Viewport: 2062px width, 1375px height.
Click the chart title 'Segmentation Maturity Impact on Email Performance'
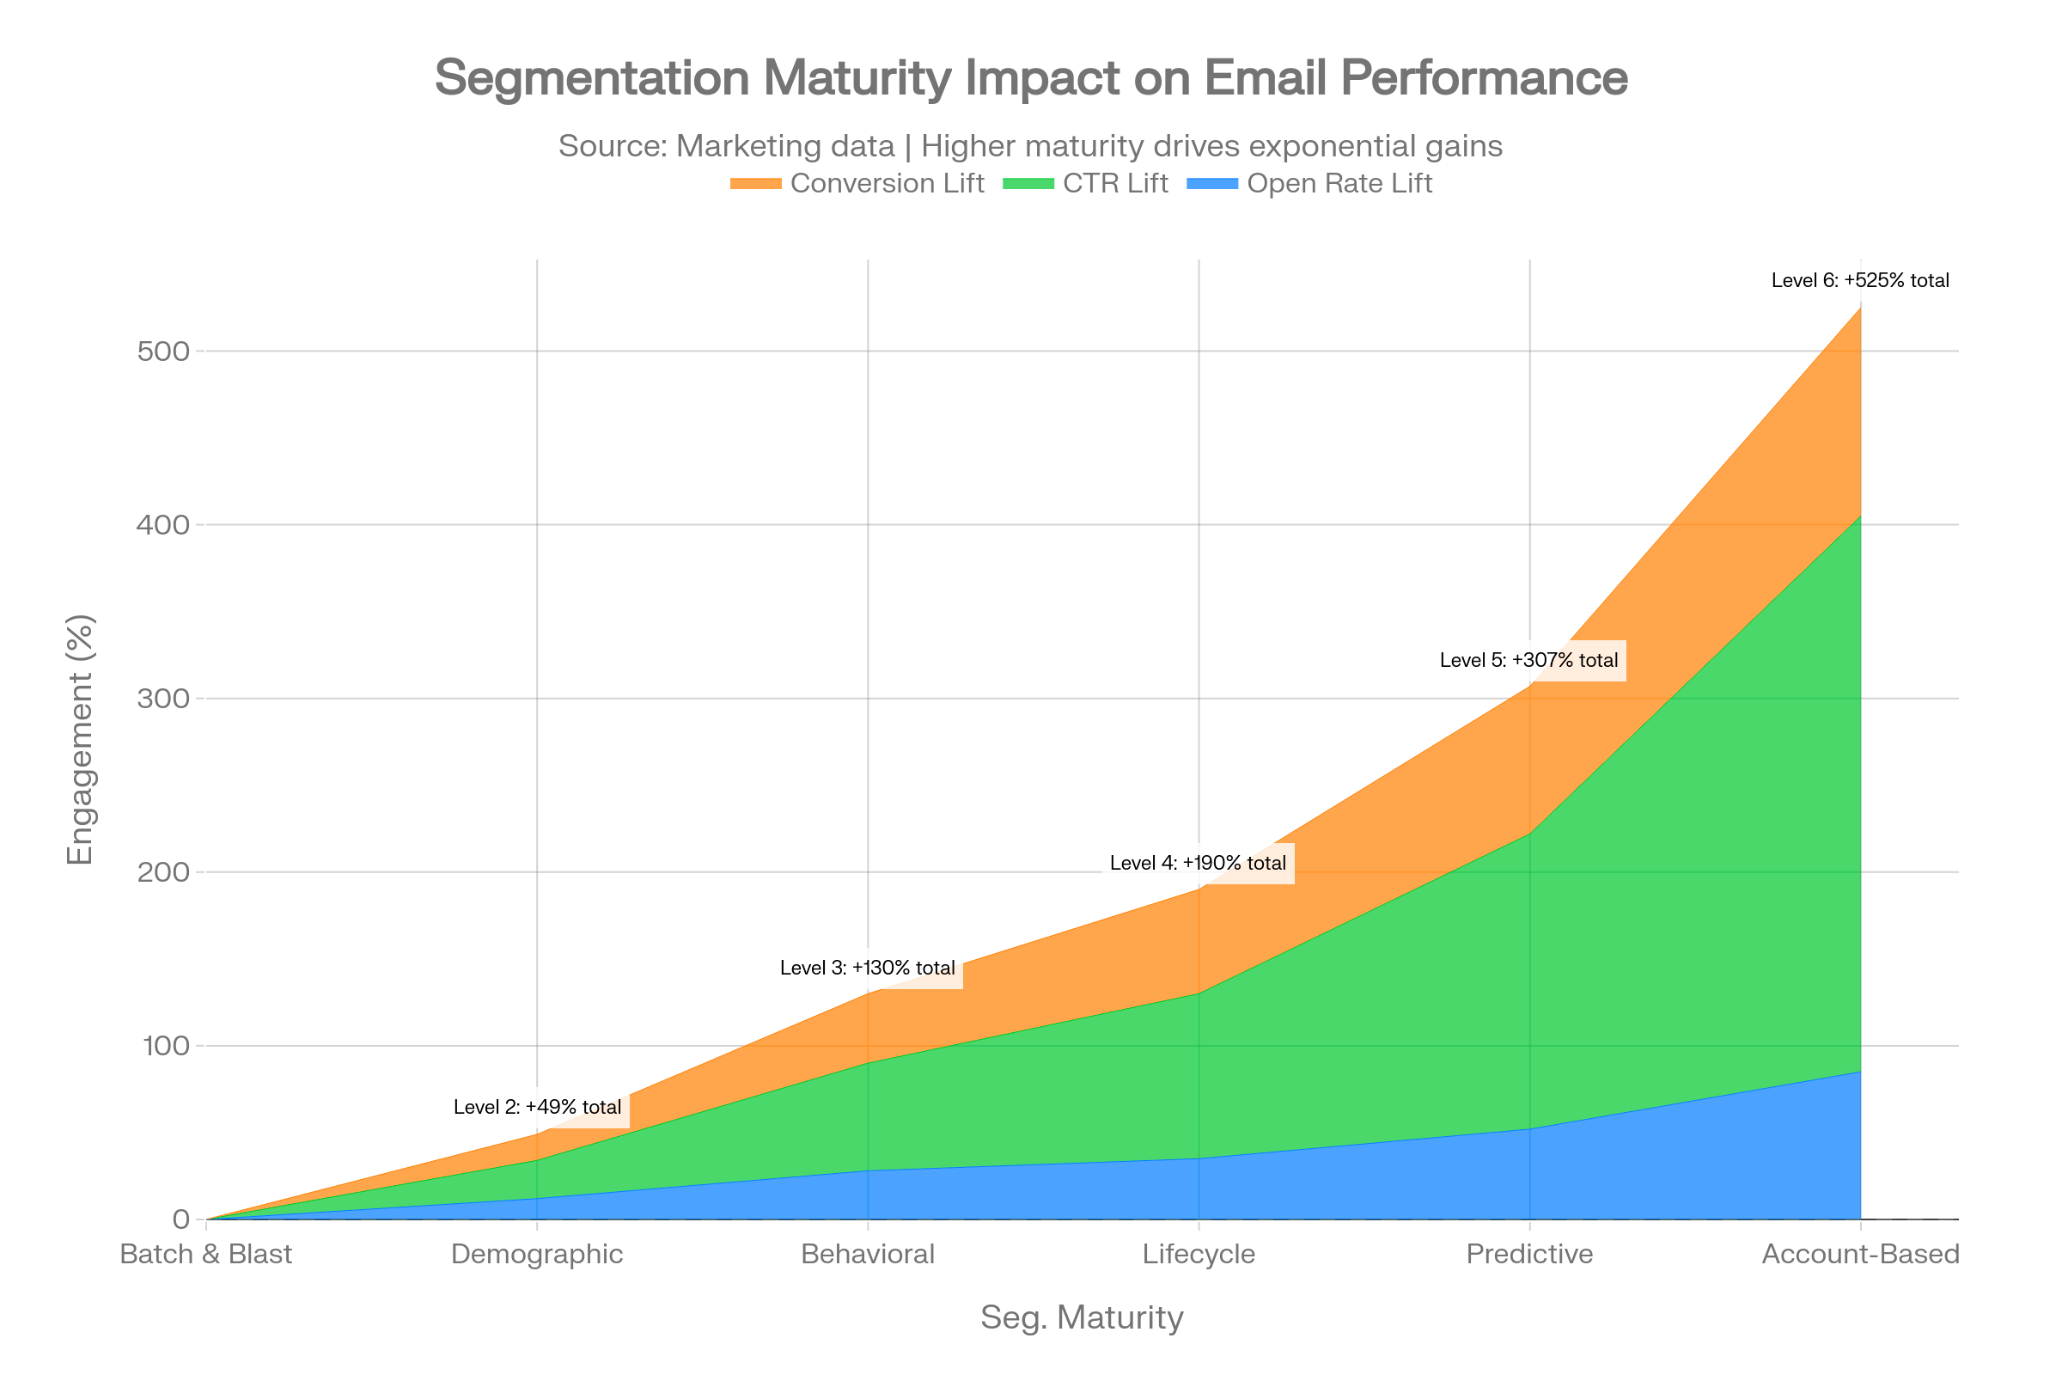point(1031,78)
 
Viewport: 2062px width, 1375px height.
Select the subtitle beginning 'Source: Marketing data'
point(1030,145)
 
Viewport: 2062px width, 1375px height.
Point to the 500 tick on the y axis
point(164,351)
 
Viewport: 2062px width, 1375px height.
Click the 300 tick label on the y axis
point(164,699)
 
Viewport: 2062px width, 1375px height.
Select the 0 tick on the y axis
point(181,1219)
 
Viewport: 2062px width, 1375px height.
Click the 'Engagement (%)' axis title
point(81,740)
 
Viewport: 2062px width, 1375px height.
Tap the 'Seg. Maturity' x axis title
point(1081,1317)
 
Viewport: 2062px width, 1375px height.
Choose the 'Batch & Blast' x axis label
point(206,1254)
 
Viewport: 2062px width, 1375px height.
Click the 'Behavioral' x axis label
point(868,1254)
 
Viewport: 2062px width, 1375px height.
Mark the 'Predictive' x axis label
point(1530,1254)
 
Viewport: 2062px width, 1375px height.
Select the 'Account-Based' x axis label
point(1859,1254)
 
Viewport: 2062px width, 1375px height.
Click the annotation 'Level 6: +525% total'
point(1860,281)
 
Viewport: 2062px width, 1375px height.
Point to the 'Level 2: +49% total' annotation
point(538,1107)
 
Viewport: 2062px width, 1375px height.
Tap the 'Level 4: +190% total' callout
point(1199,863)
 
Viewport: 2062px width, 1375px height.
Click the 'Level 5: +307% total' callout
point(1529,660)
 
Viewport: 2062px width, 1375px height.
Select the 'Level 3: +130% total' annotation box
point(868,969)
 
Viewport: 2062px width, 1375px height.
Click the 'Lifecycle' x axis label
point(1199,1254)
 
